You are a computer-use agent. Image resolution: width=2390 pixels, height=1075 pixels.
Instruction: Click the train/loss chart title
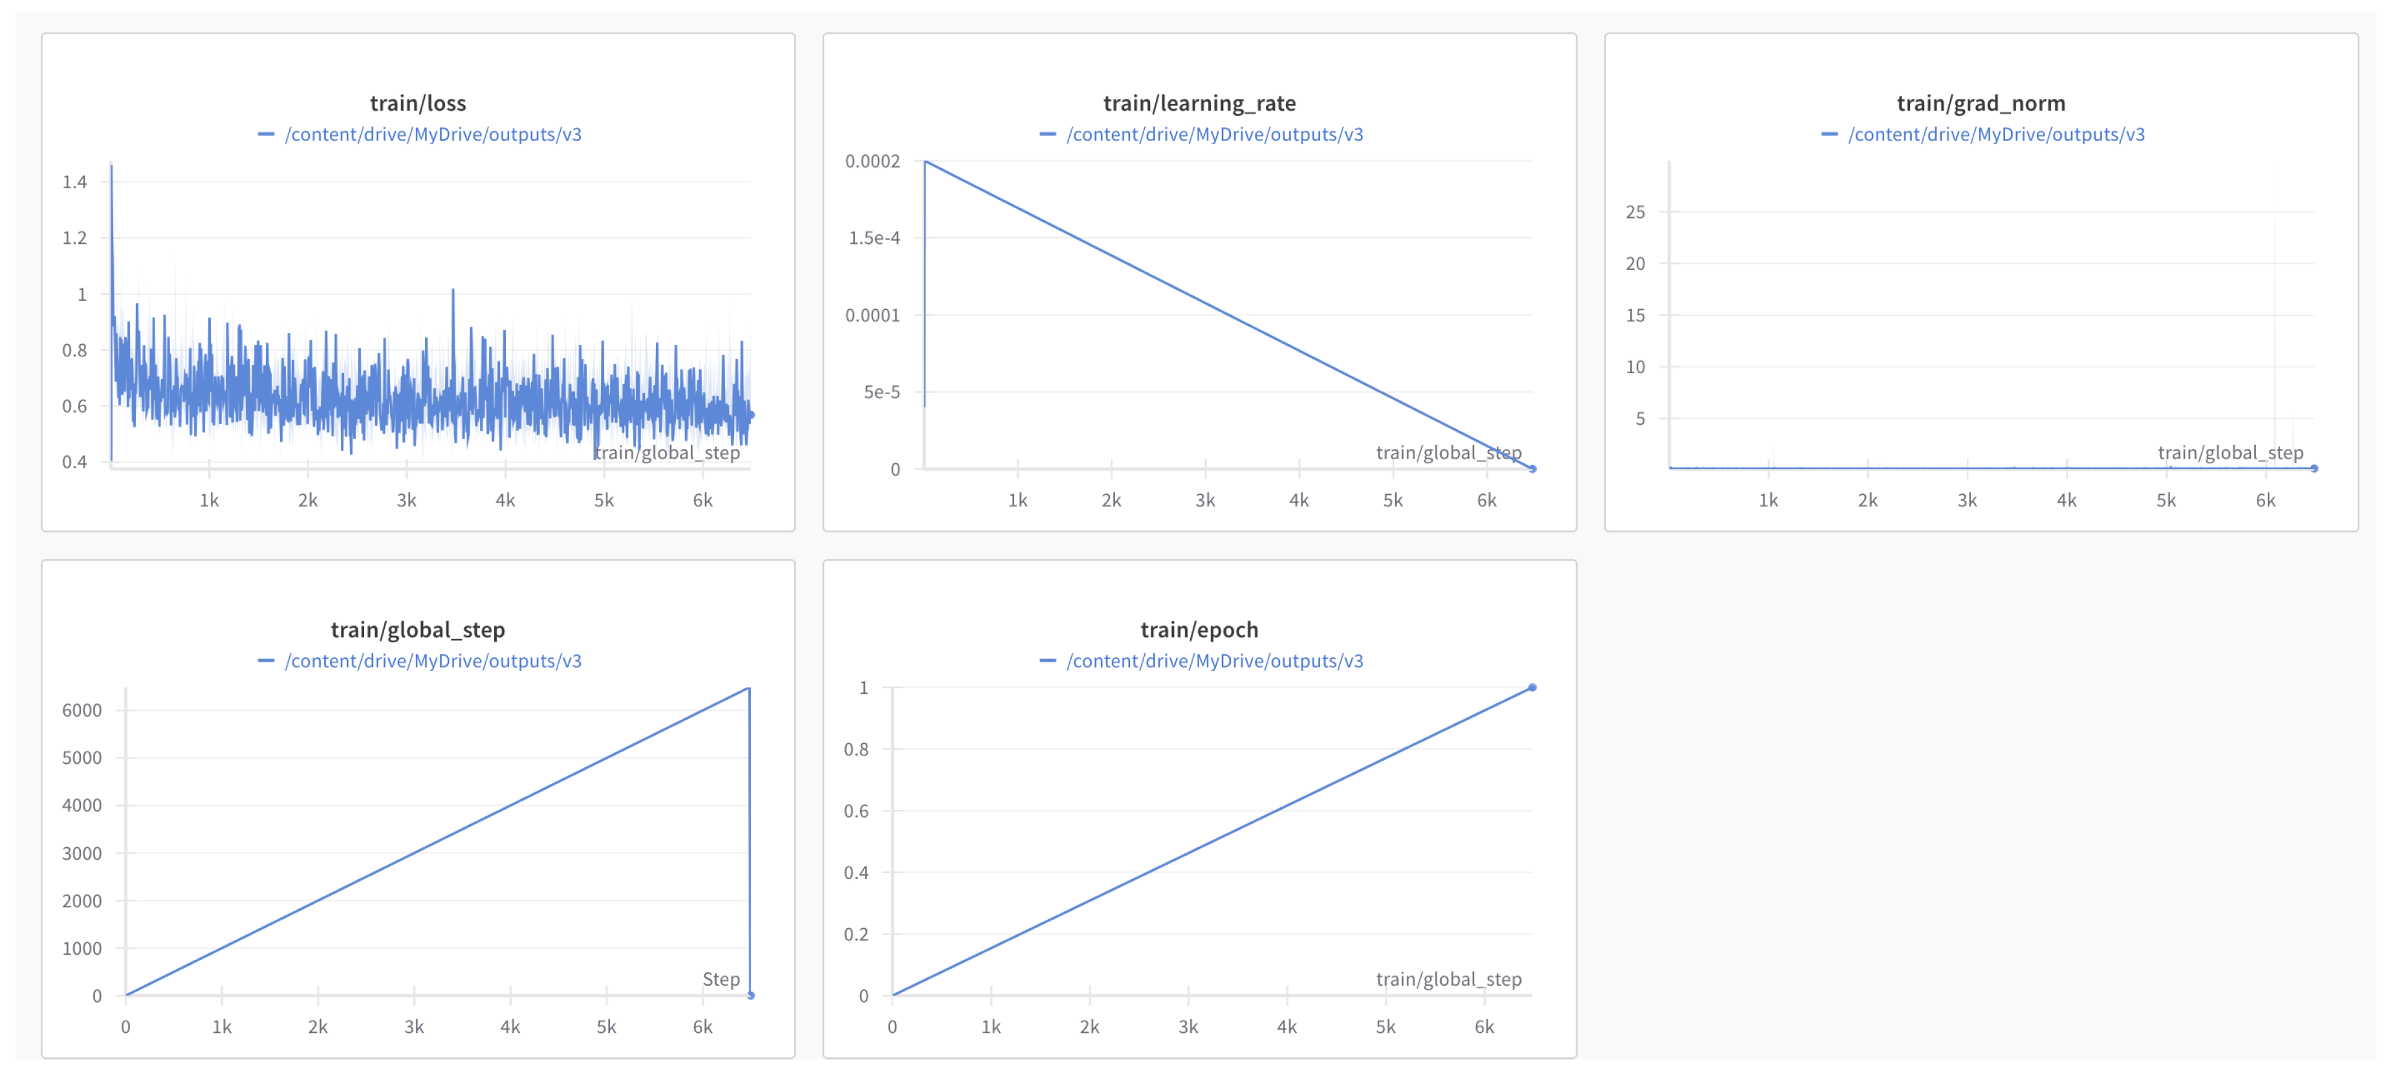(x=417, y=103)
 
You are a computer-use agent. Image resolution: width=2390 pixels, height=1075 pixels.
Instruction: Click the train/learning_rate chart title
(x=1199, y=103)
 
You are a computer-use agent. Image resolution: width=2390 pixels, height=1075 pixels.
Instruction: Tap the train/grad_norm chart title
(x=1980, y=103)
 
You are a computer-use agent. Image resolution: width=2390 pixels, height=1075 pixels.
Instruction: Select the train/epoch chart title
(x=1199, y=630)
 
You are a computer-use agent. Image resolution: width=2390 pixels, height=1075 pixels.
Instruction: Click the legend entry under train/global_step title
(x=432, y=661)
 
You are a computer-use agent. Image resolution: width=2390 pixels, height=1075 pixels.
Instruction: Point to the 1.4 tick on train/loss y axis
(x=74, y=182)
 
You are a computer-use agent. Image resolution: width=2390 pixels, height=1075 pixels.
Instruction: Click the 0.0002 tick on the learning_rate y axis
(x=871, y=162)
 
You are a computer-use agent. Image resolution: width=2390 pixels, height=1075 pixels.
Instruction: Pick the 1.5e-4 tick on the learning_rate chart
(x=873, y=239)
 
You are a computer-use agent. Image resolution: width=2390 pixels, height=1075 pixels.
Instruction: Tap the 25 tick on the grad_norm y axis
(x=1635, y=212)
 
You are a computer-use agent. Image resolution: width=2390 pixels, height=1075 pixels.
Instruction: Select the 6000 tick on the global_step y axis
(x=81, y=710)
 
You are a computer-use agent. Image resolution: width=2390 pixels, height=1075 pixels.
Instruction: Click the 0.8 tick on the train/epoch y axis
(x=856, y=750)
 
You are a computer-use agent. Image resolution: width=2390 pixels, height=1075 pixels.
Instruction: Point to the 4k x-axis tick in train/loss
(x=505, y=501)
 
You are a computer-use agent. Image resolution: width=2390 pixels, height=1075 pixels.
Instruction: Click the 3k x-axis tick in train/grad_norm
(x=1967, y=501)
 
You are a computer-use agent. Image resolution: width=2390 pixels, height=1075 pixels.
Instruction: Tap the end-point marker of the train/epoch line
(x=1532, y=688)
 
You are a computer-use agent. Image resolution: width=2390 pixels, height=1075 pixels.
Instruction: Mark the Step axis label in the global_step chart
(x=721, y=979)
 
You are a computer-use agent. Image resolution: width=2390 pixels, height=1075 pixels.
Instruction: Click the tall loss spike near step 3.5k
(x=453, y=291)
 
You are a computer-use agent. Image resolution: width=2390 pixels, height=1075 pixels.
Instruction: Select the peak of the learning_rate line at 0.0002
(x=926, y=162)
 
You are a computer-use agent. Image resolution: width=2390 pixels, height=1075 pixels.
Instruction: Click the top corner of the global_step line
(x=749, y=688)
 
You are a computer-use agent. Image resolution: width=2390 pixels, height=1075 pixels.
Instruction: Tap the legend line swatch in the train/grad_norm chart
(x=1829, y=135)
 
